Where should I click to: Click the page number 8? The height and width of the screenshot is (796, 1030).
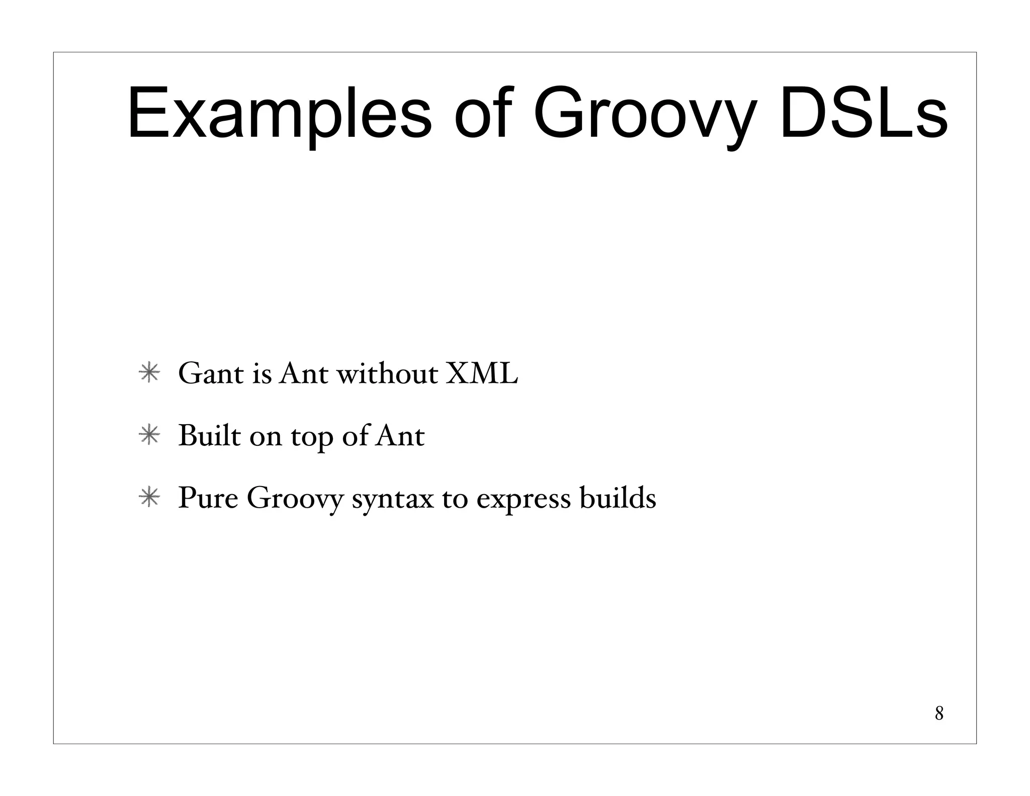[938, 713]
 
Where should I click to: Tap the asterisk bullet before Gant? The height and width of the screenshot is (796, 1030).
[149, 374]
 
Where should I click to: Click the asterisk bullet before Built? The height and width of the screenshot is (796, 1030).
[149, 436]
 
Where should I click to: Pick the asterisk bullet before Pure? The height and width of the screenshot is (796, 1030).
[149, 498]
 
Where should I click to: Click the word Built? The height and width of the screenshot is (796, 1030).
[209, 436]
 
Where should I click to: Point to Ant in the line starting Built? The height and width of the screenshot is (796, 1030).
[400, 436]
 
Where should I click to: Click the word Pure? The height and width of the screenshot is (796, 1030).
[208, 498]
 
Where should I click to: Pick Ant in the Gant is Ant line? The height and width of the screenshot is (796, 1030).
[304, 374]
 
